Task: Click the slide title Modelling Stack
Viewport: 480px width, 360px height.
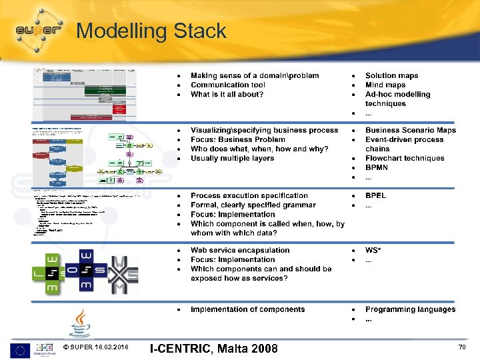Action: pyautogui.click(x=151, y=31)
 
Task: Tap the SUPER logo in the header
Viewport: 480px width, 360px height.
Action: pyautogui.click(x=38, y=29)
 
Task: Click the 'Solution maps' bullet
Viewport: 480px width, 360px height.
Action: pyautogui.click(x=391, y=76)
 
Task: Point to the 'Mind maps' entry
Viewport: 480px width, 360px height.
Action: pyautogui.click(x=385, y=85)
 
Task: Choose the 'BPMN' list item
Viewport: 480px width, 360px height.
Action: pyautogui.click(x=377, y=168)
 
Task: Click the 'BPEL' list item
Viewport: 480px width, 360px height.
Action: pyautogui.click(x=375, y=196)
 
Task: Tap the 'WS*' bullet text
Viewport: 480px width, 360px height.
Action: pyautogui.click(x=373, y=251)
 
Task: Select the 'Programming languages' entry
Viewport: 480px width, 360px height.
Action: pyautogui.click(x=410, y=309)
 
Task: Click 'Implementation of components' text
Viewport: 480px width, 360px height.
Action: pyautogui.click(x=247, y=309)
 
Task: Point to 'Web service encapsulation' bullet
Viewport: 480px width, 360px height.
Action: pyautogui.click(x=240, y=251)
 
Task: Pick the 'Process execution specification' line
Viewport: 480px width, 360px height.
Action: pyautogui.click(x=249, y=196)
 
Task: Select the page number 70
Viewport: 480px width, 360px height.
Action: pyautogui.click(x=462, y=348)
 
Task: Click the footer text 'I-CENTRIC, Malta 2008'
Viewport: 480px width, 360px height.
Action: pyautogui.click(x=213, y=349)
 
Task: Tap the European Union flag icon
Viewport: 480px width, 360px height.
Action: pyautogui.click(x=19, y=349)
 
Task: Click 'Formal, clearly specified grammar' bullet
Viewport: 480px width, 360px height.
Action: pyautogui.click(x=253, y=205)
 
